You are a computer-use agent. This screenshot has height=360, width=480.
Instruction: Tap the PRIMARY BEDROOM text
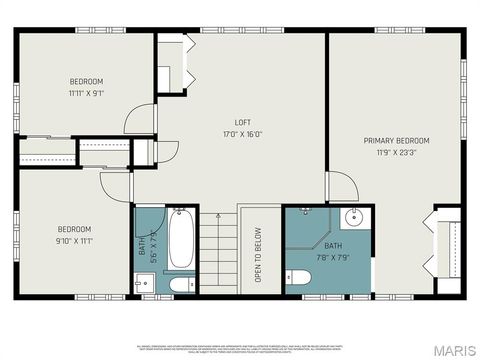point(396,141)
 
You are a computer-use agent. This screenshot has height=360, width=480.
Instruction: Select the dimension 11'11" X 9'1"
point(86,93)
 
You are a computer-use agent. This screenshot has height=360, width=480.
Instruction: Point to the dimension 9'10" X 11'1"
point(73,241)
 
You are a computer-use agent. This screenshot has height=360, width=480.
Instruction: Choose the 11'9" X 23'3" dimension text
point(396,153)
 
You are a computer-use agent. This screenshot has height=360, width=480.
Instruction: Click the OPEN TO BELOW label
point(258,256)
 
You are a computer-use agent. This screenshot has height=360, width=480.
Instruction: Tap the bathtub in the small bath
point(181,238)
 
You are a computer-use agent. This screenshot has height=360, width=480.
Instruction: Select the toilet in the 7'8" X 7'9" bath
point(298,277)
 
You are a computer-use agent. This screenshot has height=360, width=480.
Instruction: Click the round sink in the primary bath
point(354,219)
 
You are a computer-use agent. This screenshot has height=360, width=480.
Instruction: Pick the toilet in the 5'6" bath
point(181,285)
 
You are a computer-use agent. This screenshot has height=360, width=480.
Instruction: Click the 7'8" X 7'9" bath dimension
point(332,256)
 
